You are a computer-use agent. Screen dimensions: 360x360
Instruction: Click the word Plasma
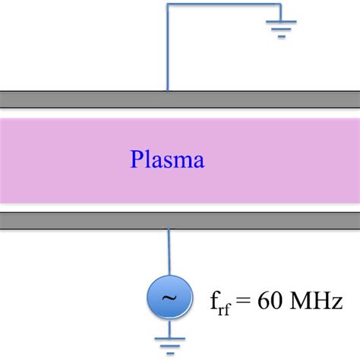(x=167, y=160)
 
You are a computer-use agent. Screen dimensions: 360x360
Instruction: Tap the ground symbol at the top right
(x=281, y=28)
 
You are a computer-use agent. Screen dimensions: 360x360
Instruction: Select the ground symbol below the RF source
(x=168, y=343)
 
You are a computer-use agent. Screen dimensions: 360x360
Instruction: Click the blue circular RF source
(x=168, y=298)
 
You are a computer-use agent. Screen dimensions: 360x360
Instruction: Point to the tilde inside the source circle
(x=168, y=298)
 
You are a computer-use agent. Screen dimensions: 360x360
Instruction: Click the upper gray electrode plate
(x=180, y=99)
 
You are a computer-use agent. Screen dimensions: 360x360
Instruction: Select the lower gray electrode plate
(x=180, y=220)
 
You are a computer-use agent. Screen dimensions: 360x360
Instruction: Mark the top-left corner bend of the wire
(x=169, y=5)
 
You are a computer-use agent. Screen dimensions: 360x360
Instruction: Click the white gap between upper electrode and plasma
(x=180, y=112)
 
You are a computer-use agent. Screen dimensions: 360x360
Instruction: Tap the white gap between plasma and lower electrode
(x=180, y=207)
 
